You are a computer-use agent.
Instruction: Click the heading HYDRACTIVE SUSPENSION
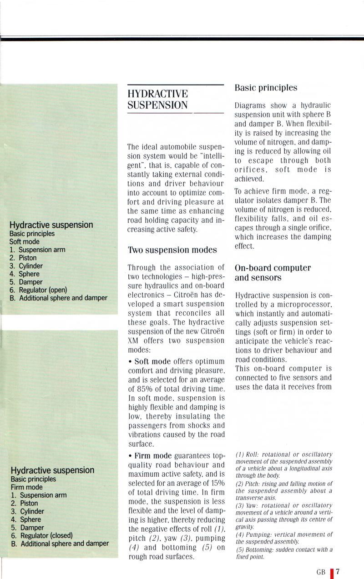point(158,100)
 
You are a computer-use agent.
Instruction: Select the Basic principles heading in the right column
point(266,88)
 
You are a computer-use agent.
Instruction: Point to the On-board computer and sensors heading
point(273,273)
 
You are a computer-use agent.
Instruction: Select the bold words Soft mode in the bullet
point(152,361)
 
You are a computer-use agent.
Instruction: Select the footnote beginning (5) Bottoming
point(284,554)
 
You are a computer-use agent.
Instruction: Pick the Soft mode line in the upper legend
point(25,242)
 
